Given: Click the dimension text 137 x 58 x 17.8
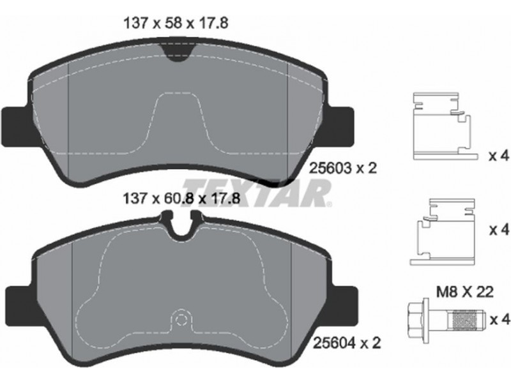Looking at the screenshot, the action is [x=176, y=24].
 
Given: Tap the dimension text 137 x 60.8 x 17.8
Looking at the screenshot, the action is [x=181, y=198].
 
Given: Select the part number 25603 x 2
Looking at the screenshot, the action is [x=342, y=168].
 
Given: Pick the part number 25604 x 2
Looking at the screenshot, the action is [x=347, y=342].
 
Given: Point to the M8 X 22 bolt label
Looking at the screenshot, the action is [x=465, y=292].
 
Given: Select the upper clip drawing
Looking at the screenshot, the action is [x=445, y=126].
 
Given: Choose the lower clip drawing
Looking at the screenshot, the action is [x=443, y=232].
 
